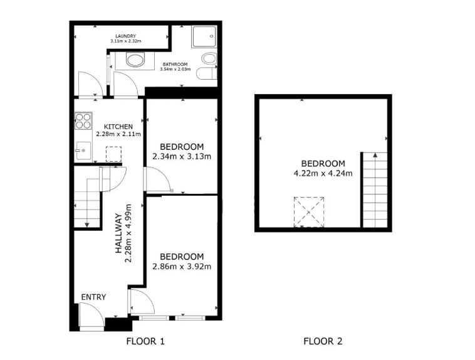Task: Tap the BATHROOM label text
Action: (x=175, y=64)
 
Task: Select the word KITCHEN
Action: (x=118, y=126)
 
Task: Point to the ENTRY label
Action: (x=93, y=297)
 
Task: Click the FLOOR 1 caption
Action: (x=145, y=342)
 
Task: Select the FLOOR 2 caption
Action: (x=323, y=342)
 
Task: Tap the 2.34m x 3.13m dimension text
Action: (x=182, y=157)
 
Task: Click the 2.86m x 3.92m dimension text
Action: (x=182, y=266)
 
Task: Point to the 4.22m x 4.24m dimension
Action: (x=323, y=173)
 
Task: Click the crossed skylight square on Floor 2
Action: (x=310, y=211)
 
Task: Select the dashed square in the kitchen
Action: (x=113, y=154)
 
